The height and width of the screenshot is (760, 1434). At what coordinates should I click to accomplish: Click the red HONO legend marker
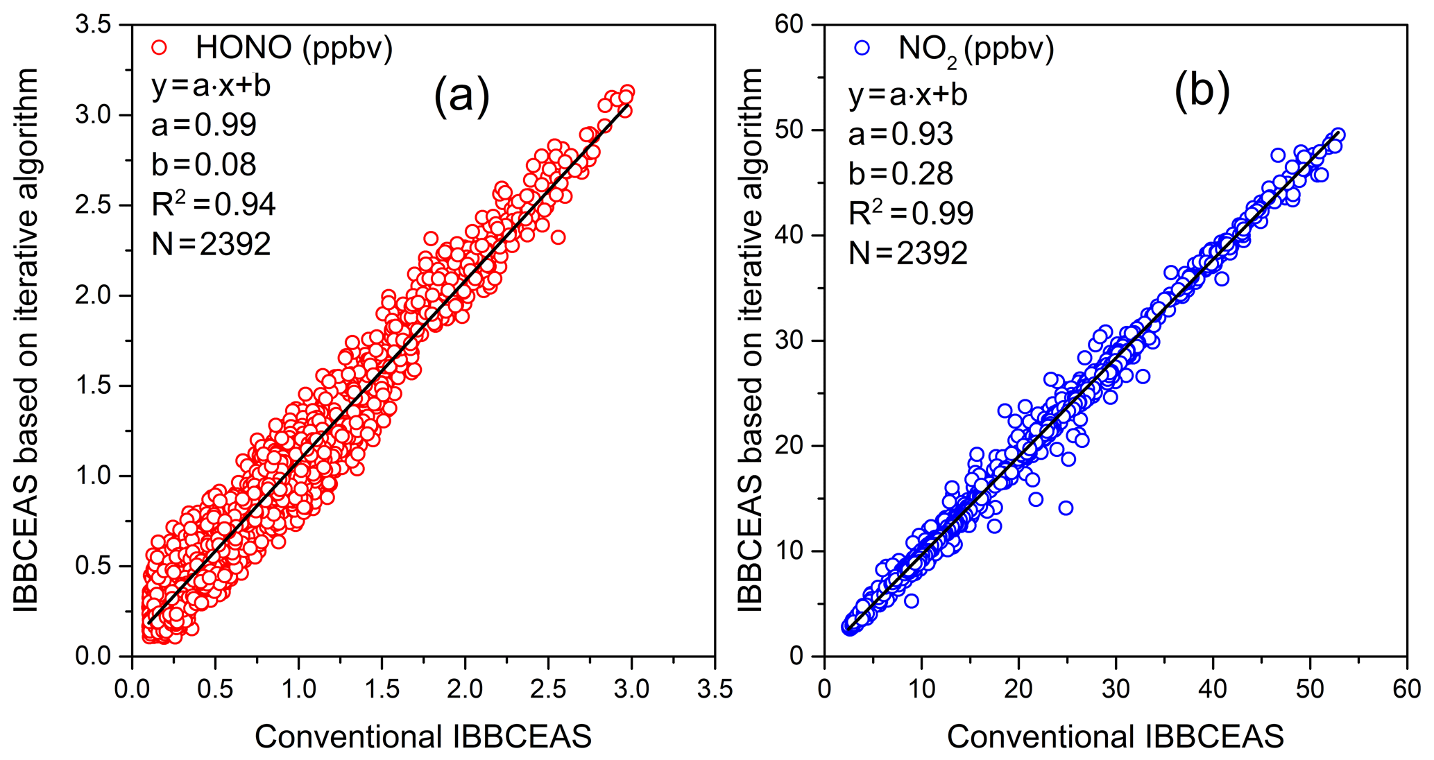(x=160, y=47)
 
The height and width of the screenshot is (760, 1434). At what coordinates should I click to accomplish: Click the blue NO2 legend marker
(x=862, y=48)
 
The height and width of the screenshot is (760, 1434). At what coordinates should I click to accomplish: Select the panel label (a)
(x=461, y=95)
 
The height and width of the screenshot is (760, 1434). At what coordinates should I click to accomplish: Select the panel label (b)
(x=1202, y=91)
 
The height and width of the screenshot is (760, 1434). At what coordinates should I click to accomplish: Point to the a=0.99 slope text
(x=204, y=125)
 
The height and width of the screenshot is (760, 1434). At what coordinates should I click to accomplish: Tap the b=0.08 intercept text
(x=204, y=164)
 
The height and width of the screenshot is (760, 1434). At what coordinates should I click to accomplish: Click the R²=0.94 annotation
(x=213, y=204)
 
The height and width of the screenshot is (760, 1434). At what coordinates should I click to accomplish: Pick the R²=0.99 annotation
(x=911, y=213)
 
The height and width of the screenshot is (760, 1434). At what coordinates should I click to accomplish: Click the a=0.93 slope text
(x=900, y=134)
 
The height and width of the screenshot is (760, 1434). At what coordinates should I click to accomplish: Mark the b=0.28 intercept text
(x=900, y=173)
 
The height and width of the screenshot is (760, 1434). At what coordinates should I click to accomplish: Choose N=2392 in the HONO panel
(x=211, y=244)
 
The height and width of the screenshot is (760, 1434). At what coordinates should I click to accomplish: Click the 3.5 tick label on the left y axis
(x=93, y=25)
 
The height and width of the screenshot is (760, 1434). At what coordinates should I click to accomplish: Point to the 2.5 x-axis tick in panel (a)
(x=548, y=689)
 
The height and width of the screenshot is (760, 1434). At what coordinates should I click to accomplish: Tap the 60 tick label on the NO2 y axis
(x=789, y=25)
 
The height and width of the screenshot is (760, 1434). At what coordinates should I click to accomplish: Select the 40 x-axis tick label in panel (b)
(x=1213, y=689)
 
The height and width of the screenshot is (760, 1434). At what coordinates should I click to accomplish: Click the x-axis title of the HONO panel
(x=423, y=736)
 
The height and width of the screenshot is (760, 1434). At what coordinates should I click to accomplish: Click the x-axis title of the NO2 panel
(x=1116, y=736)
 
